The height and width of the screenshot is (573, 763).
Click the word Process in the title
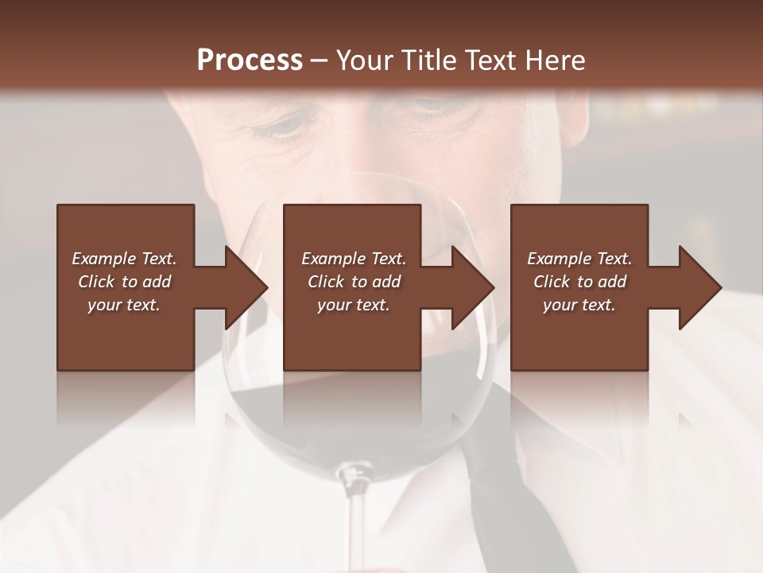tap(250, 60)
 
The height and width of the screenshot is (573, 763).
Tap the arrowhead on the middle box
tap(472, 287)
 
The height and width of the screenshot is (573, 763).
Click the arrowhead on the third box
tap(699, 287)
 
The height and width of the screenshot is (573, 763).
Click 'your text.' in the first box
tap(124, 305)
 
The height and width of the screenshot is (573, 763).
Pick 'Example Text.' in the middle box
tap(354, 259)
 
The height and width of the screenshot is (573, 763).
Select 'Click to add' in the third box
tap(580, 282)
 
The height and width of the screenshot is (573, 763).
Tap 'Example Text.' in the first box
tap(124, 259)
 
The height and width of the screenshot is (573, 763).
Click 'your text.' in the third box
tap(579, 305)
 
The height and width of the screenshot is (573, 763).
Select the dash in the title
tap(320, 60)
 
